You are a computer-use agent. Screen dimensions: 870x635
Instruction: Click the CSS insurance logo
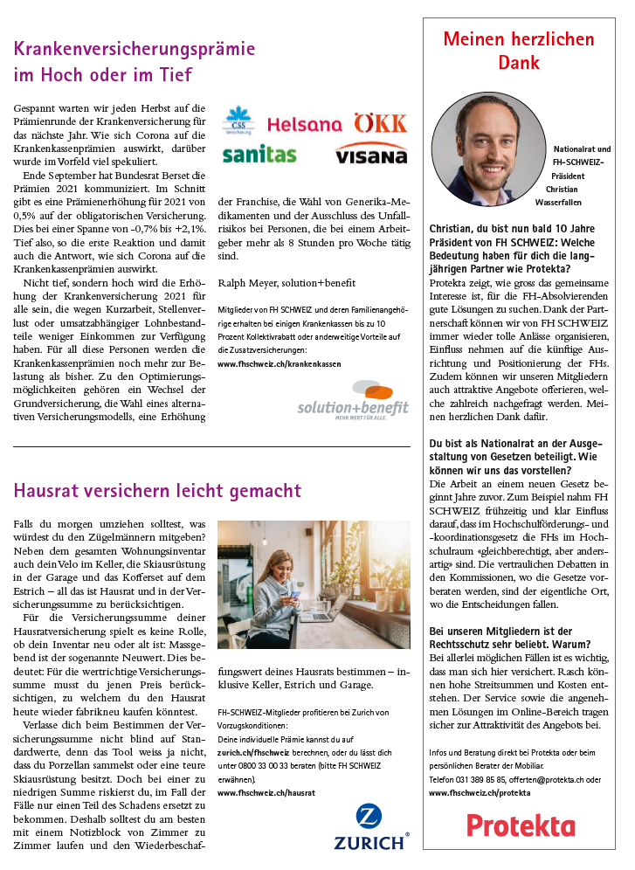click(238, 121)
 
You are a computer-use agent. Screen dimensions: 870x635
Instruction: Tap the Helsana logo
click(304, 125)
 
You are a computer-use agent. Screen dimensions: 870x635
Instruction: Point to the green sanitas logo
click(259, 155)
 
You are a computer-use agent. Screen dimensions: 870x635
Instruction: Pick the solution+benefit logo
click(353, 400)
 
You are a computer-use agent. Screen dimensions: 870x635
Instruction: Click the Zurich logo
click(370, 827)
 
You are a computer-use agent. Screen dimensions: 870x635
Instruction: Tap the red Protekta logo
click(520, 825)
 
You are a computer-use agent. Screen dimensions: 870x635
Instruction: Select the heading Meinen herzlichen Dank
click(518, 51)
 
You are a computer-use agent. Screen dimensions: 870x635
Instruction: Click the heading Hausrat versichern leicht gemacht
click(157, 491)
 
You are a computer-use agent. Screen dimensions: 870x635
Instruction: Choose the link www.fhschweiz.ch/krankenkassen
click(279, 362)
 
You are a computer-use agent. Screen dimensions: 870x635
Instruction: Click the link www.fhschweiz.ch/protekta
click(480, 792)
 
